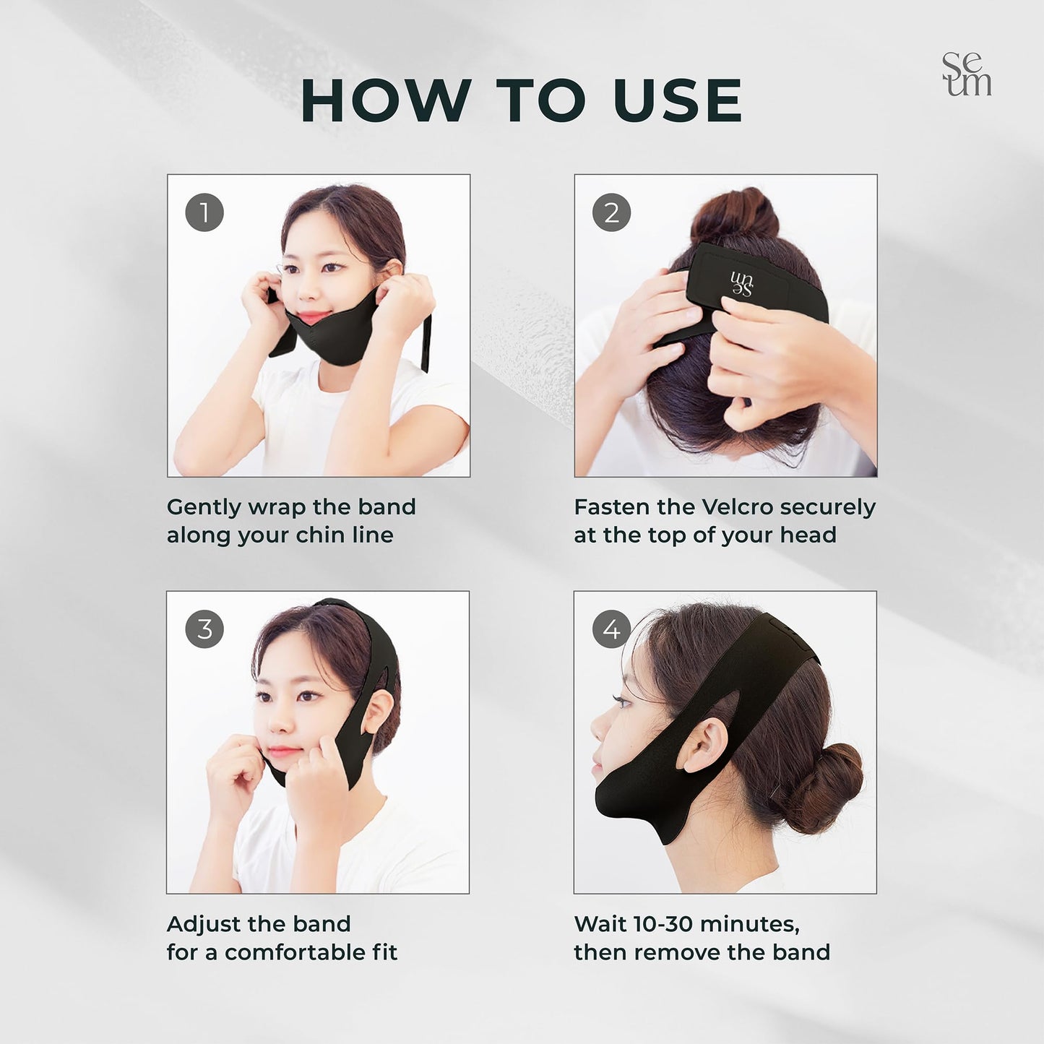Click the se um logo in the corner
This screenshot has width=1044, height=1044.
967,74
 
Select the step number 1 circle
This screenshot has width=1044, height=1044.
204,212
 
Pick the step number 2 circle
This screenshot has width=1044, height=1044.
611,212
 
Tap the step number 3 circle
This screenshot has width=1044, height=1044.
204,629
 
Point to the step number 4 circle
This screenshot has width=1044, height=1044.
611,629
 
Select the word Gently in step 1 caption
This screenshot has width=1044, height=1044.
204,507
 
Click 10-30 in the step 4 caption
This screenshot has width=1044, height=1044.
662,924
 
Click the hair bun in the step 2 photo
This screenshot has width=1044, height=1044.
734,214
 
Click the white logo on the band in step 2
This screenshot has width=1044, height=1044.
741,284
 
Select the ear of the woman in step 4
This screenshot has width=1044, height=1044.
702,744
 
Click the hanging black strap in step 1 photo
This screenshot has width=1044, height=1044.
427,343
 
